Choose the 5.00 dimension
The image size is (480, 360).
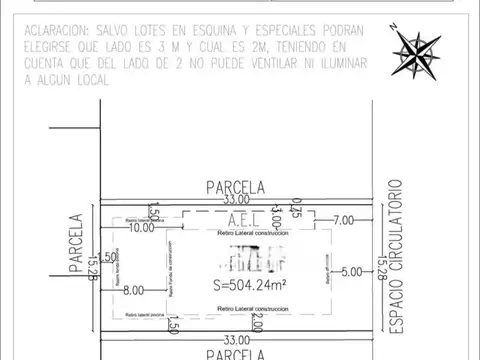click(351, 270)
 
